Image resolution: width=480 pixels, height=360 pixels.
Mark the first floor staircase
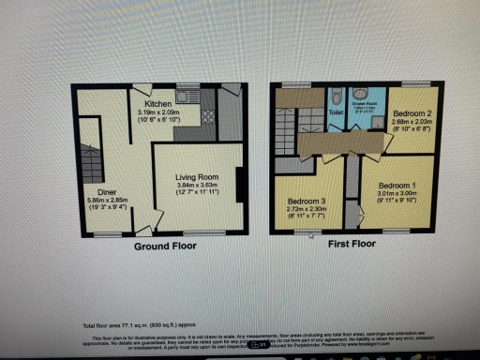point(284,131)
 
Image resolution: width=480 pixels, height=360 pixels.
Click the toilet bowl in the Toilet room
point(337,97)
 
